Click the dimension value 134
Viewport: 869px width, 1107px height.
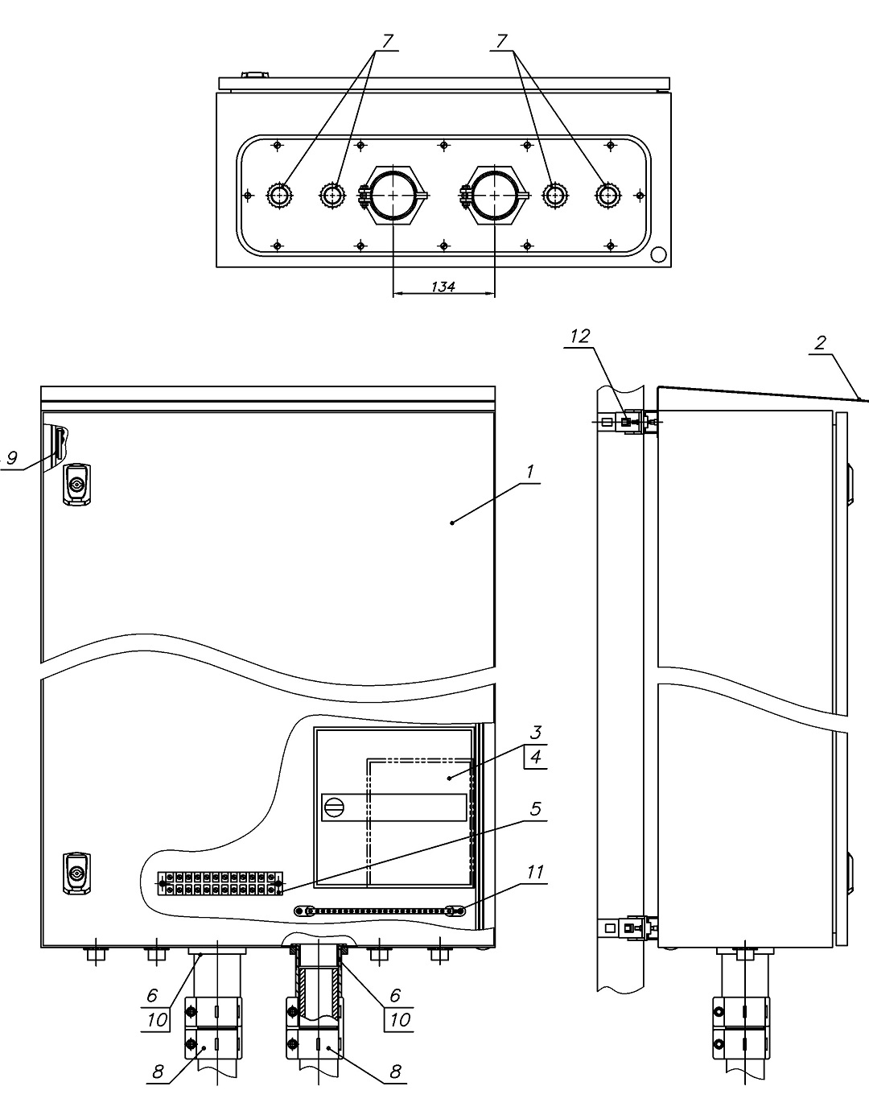443,287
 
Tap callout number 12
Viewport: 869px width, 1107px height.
580,337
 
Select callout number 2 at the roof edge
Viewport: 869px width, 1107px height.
820,343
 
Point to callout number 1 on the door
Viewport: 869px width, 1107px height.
530,472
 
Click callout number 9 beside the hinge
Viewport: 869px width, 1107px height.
11,457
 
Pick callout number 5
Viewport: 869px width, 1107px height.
535,809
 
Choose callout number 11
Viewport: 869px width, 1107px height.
535,872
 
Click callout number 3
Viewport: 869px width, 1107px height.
536,733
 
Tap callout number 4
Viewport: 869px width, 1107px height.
536,757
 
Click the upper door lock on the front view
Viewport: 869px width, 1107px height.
77,484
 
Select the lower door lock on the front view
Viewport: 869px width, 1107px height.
77,874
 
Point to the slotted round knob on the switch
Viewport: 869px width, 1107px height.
333,807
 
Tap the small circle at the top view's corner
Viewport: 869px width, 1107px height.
659,254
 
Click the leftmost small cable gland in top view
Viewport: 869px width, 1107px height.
279,195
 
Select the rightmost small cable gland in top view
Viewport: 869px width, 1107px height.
607,195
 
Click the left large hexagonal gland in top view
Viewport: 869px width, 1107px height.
393,195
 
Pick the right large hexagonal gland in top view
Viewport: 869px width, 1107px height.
494,195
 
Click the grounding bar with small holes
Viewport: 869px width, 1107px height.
379,911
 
